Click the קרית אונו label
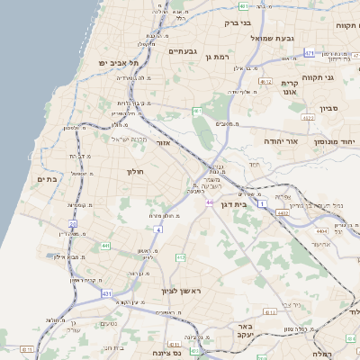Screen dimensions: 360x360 pos(289,87)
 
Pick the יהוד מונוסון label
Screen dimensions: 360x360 pos(336,142)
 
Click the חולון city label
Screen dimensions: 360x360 pos(136,171)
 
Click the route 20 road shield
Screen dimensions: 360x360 pos(73,223)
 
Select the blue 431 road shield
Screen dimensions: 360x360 pos(107,294)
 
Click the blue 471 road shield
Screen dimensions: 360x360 pos(309,53)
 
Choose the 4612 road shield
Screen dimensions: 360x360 pos(265,81)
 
